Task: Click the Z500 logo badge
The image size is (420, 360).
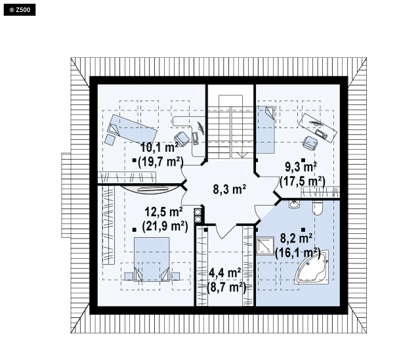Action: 19,10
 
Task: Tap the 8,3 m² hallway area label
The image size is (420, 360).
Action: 229,189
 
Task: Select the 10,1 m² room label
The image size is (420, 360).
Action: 159,148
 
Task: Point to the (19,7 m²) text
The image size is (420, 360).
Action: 161,161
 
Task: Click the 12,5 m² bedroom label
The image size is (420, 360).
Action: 164,212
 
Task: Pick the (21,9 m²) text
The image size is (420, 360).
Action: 165,226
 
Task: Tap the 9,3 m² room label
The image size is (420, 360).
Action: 301,167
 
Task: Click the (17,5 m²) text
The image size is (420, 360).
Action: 302,181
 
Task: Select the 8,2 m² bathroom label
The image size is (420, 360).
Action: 296,238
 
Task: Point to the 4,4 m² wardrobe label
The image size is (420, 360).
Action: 225,273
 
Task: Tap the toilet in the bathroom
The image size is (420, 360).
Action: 318,208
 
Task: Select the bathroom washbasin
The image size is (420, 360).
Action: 294,204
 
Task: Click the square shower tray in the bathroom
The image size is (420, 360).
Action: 265,245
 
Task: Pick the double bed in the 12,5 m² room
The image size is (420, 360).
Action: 152,259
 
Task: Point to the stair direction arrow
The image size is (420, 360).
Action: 242,155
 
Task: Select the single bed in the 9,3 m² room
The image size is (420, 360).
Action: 266,130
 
